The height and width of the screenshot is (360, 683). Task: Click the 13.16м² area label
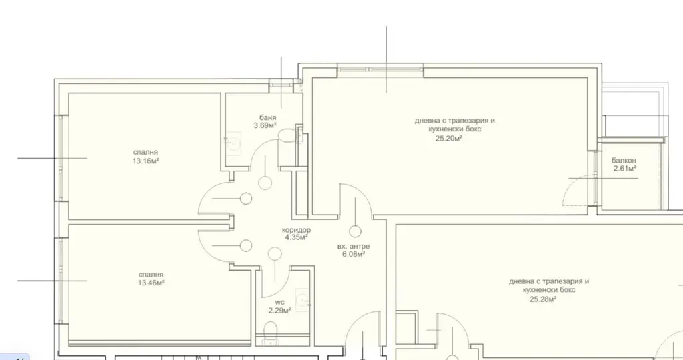pos(145,161)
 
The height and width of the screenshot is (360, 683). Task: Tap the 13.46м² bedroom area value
pos(151,283)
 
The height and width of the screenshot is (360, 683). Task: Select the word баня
pos(268,117)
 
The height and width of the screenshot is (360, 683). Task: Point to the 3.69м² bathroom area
pos(265,126)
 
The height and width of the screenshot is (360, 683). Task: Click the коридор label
pos(297,230)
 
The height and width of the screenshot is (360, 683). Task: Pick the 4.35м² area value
pos(297,238)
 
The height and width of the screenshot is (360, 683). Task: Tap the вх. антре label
pos(354,247)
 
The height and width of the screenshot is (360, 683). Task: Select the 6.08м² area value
pos(354,254)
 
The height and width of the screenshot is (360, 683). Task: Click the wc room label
pos(279,303)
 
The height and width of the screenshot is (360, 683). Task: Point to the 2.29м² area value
pos(279,311)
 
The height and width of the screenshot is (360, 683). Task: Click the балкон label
pos(624,161)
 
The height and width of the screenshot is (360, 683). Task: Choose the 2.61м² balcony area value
pos(625,169)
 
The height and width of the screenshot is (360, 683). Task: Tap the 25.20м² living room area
pos(449,139)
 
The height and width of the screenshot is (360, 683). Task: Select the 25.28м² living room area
pos(543,299)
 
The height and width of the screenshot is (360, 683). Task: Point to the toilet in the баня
pos(287,135)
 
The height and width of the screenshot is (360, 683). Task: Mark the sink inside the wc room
pos(303,299)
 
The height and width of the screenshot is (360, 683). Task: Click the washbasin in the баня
pos(233,142)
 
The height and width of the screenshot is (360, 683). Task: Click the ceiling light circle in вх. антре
pos(355,231)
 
